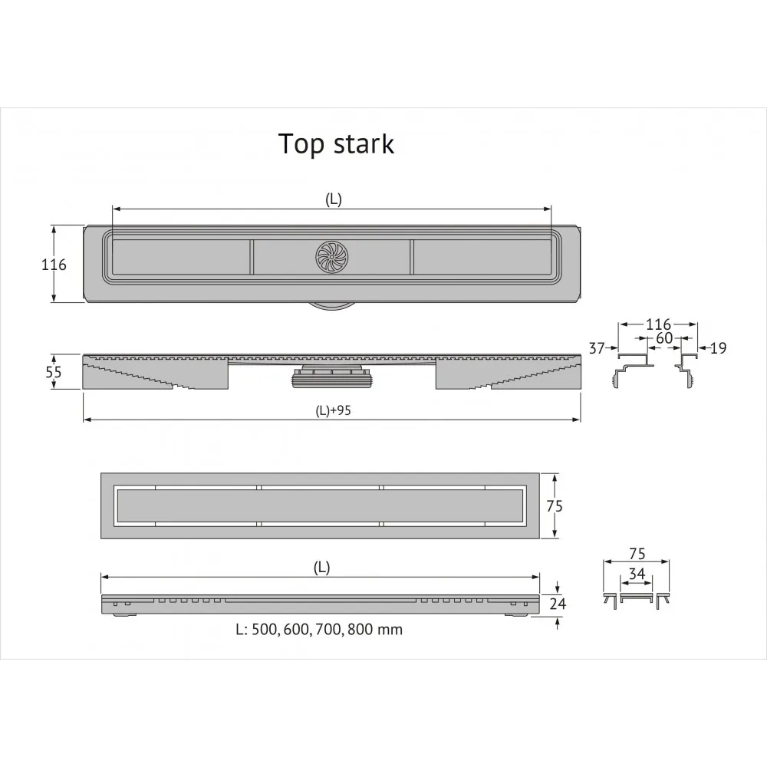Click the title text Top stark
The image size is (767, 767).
[x=336, y=143]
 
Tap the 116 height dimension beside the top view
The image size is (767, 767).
[x=54, y=265]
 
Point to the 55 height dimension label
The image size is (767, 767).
[x=54, y=371]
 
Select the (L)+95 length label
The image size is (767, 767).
[x=333, y=410]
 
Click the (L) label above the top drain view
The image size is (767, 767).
[x=333, y=199]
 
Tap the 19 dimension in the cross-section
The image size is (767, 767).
[x=718, y=348]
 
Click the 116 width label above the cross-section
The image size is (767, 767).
[x=657, y=324]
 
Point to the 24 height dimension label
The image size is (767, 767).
[x=558, y=604]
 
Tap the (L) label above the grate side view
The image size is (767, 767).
[x=321, y=568]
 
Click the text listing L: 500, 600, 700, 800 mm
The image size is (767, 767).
[x=318, y=630]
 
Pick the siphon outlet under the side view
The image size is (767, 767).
[x=331, y=377]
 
